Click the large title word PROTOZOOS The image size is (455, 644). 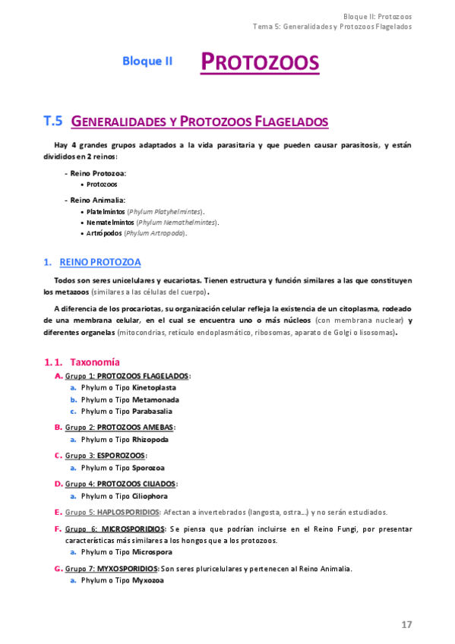260,62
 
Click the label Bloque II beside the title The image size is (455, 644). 147,62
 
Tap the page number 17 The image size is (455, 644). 406,624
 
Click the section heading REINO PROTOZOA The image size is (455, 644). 100,262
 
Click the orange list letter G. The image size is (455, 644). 58,568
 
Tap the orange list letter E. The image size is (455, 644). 58,512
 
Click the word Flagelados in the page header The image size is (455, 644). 389,26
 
